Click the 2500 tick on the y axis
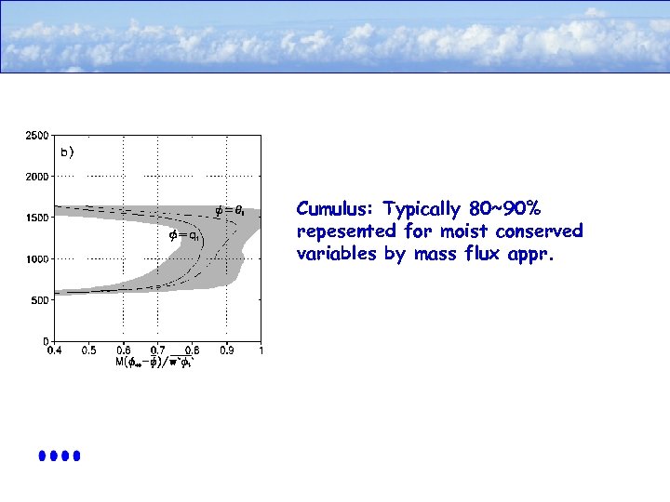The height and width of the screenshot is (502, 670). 37,135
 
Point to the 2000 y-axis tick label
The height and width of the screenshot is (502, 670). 37,176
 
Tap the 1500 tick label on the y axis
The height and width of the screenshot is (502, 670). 37,218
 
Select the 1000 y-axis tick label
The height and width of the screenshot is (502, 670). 37,258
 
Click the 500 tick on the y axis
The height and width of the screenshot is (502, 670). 40,299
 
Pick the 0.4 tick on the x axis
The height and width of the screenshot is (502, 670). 55,350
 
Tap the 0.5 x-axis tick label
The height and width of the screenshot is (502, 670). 89,350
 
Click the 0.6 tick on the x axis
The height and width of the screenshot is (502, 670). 124,350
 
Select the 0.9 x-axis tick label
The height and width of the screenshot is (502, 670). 227,350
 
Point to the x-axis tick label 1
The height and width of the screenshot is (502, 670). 261,350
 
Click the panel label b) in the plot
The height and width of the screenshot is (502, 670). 67,151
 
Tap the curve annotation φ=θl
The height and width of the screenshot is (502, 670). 230,210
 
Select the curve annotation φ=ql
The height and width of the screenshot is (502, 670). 182,235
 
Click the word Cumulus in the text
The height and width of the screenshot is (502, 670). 329,208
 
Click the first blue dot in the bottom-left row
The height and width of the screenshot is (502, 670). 43,456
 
